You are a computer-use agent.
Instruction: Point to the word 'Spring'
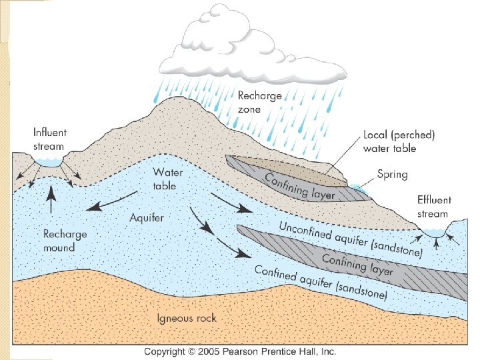pos(393,175)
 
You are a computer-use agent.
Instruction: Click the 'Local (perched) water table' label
pos(399,141)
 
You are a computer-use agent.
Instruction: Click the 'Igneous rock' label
pos(188,318)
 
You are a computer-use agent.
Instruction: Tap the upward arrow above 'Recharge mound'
pos(51,199)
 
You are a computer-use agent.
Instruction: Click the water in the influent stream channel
pos(49,161)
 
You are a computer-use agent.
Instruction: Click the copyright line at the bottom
pos(240,351)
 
